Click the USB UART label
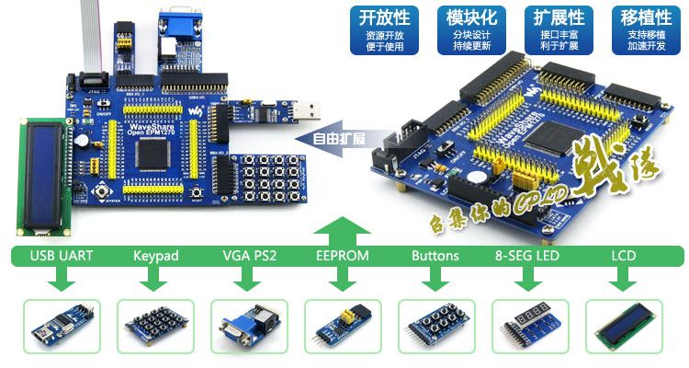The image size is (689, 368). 62,255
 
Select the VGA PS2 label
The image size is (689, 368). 250,255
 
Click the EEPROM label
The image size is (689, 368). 343,255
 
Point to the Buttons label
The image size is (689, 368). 435,255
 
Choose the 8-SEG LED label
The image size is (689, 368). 528,255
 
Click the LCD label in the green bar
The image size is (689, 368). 624,255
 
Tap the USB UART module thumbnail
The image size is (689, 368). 61,326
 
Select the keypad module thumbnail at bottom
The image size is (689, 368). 154,326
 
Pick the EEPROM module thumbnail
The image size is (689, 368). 342,326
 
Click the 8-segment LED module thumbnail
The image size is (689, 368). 529,326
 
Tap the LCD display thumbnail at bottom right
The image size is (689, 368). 624,326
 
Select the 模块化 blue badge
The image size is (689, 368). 471,29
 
